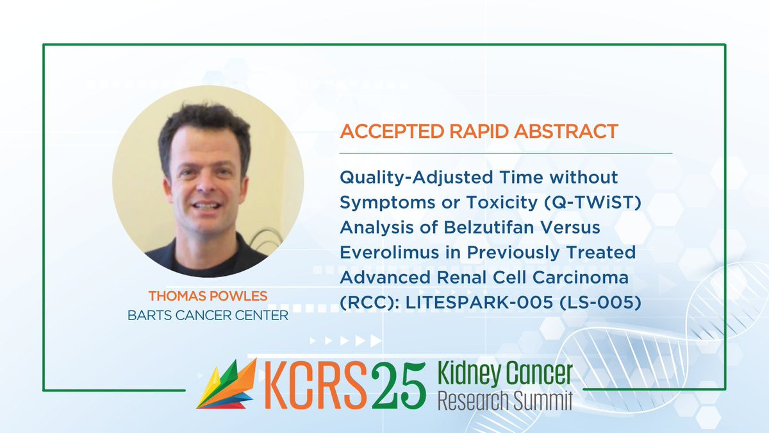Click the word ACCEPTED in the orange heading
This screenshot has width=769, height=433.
coord(392,132)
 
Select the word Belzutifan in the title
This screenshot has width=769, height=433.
coord(488,227)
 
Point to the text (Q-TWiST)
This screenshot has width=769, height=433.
coord(593,203)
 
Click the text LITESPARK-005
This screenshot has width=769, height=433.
coord(479,302)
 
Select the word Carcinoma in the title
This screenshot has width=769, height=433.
coord(581,277)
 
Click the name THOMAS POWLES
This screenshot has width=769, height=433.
coord(208,296)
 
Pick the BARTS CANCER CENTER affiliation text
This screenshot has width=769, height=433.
coord(208,316)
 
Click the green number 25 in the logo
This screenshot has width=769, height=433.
coord(398,386)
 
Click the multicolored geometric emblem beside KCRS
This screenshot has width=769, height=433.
coord(227,384)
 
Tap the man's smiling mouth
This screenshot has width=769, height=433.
coord(206,206)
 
